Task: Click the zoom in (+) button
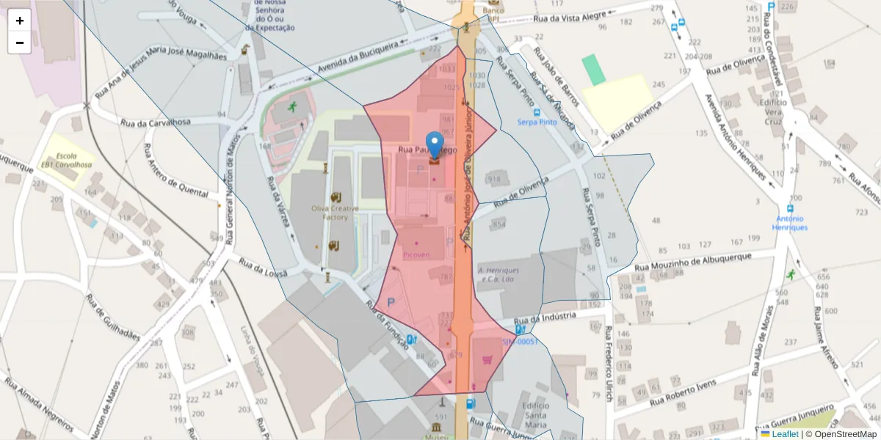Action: coord(20,21)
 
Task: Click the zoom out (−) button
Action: coord(20,43)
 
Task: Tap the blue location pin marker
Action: coord(435,144)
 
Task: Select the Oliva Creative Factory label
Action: coord(336,213)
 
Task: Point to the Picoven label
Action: coord(416,255)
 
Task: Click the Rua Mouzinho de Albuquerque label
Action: coord(693,262)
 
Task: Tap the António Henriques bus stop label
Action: coord(789,223)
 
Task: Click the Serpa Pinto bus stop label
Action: coord(537,122)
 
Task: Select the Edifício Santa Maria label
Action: coord(535,415)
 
